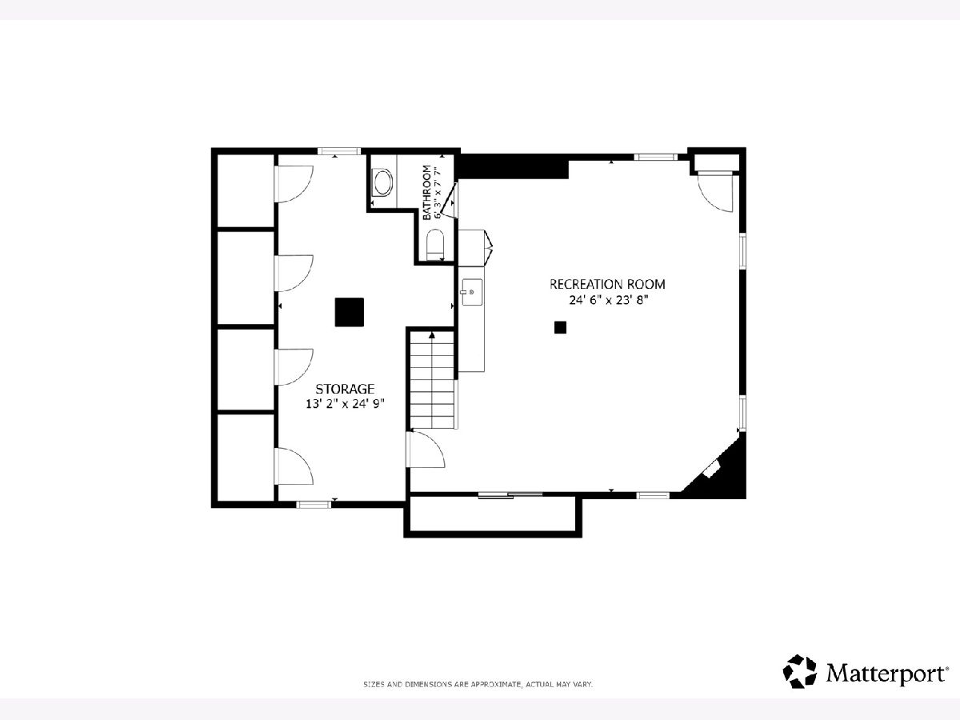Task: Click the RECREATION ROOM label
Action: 607,284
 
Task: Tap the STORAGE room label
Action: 345,389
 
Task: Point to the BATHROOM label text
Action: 427,192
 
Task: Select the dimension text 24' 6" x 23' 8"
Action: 608,300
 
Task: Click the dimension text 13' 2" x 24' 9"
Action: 345,403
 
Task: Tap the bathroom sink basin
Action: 383,182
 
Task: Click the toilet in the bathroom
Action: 435,244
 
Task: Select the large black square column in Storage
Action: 350,312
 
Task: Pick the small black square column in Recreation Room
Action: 560,327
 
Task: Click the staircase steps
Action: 433,380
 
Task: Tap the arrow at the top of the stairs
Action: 432,335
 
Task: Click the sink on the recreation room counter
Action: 472,292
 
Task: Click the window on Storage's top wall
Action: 339,151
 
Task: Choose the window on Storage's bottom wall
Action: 314,505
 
